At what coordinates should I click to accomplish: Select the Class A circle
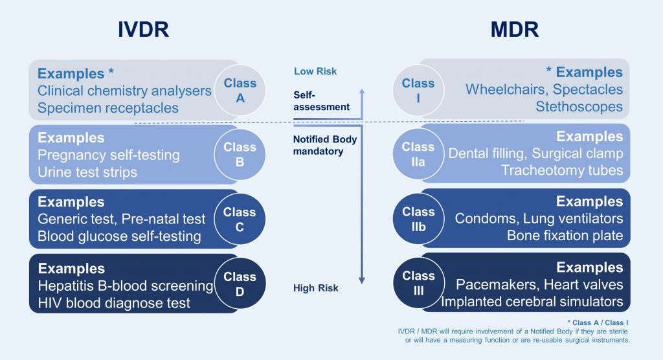tap(240, 91)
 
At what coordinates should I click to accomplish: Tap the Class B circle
tap(240, 155)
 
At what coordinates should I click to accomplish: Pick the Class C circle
tap(240, 219)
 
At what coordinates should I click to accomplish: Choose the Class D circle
tap(240, 284)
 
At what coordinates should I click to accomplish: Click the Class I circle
tap(418, 91)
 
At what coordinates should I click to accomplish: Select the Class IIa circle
tap(418, 155)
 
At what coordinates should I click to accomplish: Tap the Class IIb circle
tap(418, 219)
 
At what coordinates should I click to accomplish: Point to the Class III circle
tap(418, 284)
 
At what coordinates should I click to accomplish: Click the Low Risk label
tap(315, 71)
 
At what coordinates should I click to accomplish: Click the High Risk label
tap(316, 288)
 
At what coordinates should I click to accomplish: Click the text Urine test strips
tap(87, 172)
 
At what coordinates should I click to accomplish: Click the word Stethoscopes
tap(579, 107)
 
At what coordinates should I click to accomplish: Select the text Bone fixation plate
tap(565, 236)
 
